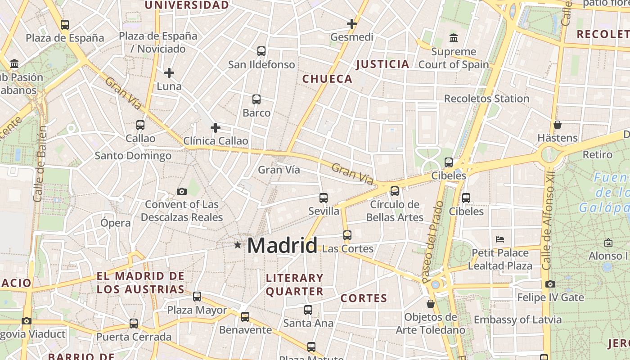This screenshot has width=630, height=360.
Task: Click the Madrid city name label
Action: (x=282, y=245)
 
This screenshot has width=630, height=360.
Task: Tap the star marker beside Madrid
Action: (x=238, y=245)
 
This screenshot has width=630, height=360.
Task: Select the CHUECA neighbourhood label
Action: (x=327, y=79)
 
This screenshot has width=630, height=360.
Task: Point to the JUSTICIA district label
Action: (x=382, y=64)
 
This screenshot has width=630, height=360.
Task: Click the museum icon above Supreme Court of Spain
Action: (x=454, y=38)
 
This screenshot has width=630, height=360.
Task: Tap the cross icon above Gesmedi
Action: (x=352, y=23)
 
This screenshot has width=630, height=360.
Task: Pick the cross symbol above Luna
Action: (x=169, y=72)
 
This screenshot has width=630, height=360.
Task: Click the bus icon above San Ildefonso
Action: (x=261, y=51)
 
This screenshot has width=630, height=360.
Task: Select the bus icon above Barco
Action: (x=256, y=99)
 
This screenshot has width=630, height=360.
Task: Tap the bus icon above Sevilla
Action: (x=324, y=198)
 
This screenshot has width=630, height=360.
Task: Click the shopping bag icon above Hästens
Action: (x=558, y=125)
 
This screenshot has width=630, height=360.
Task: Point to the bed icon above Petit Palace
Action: (x=499, y=239)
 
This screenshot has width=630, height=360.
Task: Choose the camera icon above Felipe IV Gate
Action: (x=550, y=284)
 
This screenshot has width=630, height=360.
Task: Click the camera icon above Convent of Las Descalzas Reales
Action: (x=182, y=191)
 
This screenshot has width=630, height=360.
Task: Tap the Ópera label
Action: (x=116, y=223)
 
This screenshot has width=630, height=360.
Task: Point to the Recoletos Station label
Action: (x=486, y=99)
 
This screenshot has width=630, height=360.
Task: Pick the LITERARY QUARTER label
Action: (x=295, y=284)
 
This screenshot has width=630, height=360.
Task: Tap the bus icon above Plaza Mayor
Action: (x=197, y=296)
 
